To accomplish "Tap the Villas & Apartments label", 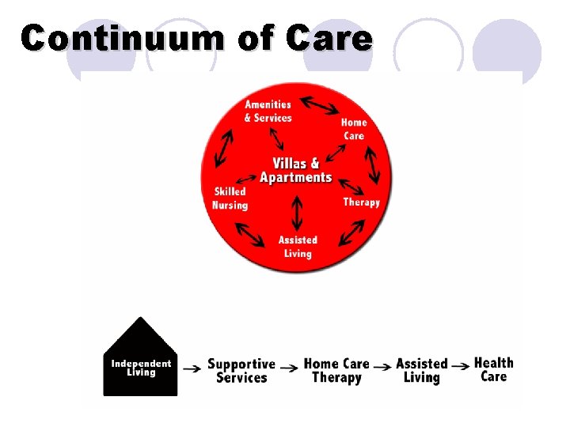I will click(x=296, y=170).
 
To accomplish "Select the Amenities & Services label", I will click(x=268, y=111).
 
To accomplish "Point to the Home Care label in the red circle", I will click(x=354, y=129).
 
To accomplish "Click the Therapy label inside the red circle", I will click(x=361, y=202).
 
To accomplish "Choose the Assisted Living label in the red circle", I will click(x=298, y=247).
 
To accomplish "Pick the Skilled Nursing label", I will click(x=230, y=198).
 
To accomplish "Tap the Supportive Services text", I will click(x=241, y=371).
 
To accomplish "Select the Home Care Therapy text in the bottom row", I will click(x=336, y=371).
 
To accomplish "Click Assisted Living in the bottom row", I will click(x=421, y=371).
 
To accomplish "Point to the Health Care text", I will click(x=493, y=369).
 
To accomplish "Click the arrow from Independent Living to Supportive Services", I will click(x=191, y=367).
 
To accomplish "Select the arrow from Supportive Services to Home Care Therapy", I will click(x=290, y=366).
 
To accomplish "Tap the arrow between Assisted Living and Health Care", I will click(x=460, y=366).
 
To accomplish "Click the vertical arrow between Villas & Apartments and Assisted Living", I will click(x=297, y=212).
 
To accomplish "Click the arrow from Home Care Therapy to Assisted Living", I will click(x=382, y=366).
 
